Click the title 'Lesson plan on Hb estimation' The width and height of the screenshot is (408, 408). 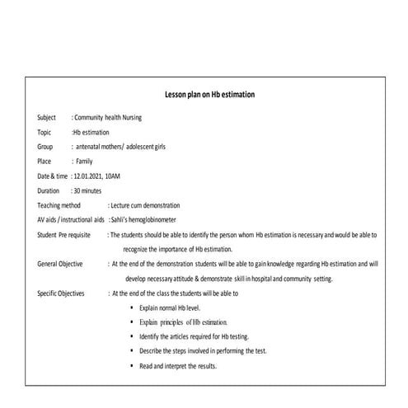point(209,95)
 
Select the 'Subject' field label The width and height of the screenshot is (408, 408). point(47,118)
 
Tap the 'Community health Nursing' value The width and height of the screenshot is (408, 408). point(108,118)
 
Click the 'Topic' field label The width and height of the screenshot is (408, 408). point(45,132)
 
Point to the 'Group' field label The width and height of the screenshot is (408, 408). point(45,147)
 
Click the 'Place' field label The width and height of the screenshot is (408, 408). point(45,162)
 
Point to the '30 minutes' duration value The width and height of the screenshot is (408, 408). point(86,190)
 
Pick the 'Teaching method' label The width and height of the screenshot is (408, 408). point(59,205)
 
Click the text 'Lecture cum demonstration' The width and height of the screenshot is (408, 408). point(146,205)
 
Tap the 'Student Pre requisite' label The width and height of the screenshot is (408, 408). point(63,235)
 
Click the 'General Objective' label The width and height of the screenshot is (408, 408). point(60,264)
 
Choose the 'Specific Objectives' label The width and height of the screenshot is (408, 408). point(61,293)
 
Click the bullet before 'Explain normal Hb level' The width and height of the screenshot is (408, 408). point(132,307)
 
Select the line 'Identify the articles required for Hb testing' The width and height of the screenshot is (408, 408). point(195,336)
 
